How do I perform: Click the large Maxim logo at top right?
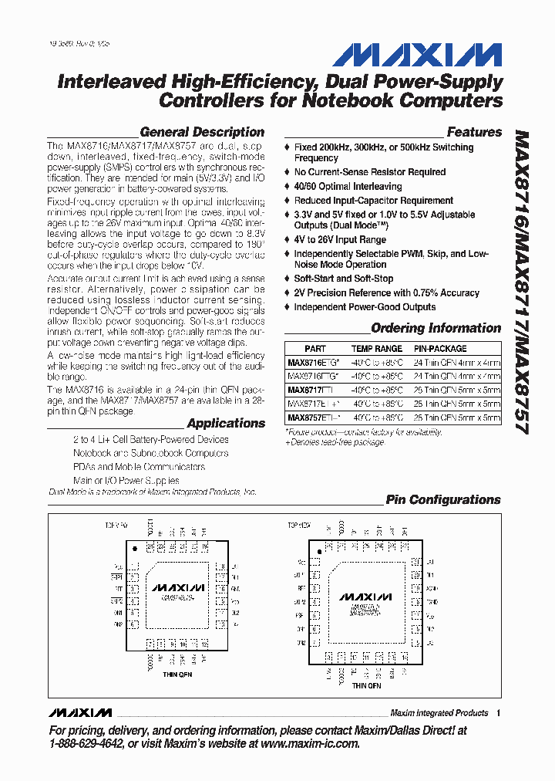click(415, 56)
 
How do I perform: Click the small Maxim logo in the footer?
click(79, 712)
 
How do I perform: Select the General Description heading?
click(202, 132)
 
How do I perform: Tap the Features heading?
click(473, 132)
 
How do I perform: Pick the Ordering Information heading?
click(436, 328)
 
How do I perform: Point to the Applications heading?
click(225, 423)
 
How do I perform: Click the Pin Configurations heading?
click(442, 499)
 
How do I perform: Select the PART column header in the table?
click(314, 349)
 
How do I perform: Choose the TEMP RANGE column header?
click(376, 349)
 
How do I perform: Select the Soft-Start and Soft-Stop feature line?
click(343, 279)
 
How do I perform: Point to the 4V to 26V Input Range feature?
click(340, 240)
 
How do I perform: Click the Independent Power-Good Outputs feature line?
click(365, 306)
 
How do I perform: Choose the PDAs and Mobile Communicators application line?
click(139, 467)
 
